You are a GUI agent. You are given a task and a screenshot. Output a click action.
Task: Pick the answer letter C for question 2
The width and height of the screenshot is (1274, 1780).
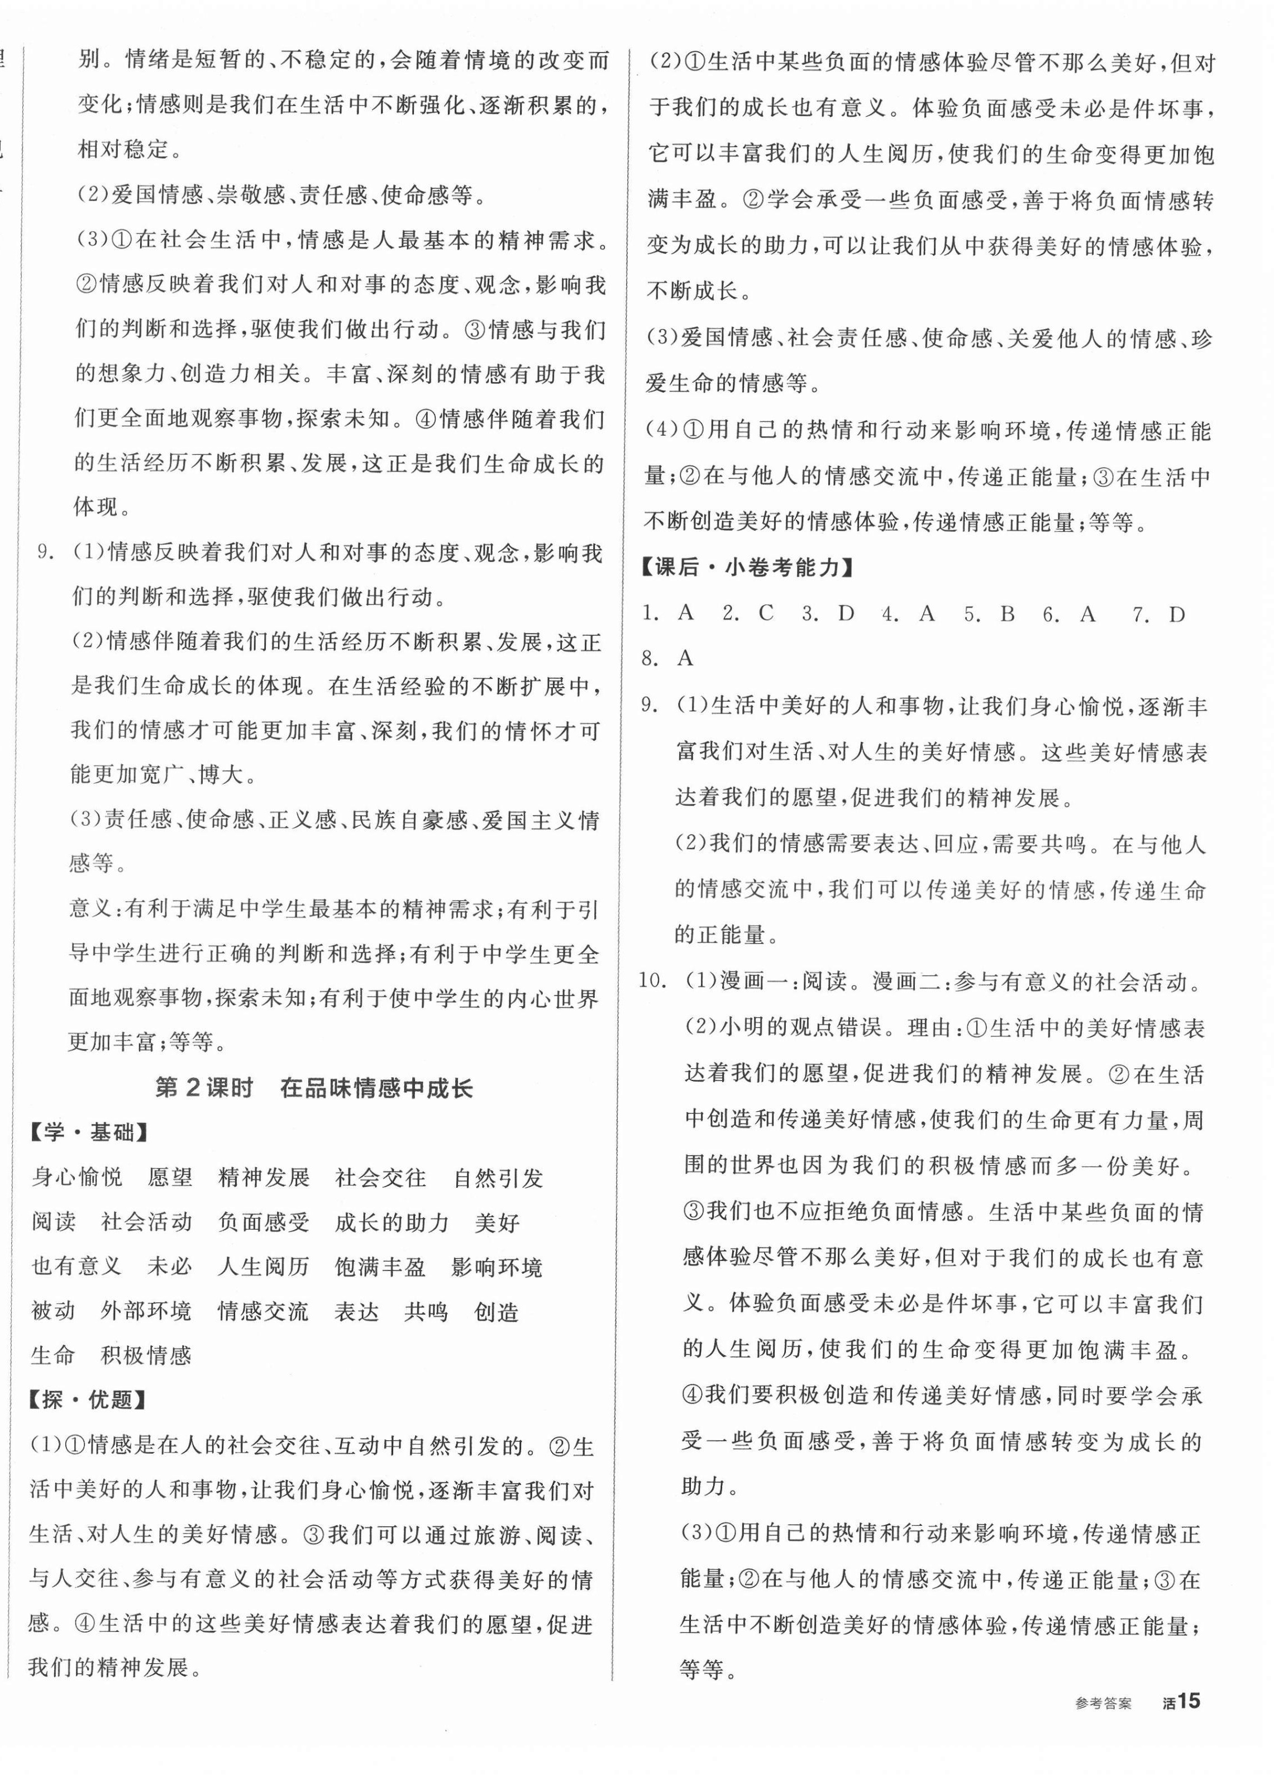coord(766,613)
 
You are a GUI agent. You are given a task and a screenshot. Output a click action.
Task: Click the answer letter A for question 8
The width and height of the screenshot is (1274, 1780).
coord(685,658)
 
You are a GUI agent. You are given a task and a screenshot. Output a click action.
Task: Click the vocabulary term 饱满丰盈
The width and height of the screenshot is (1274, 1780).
coord(380,1267)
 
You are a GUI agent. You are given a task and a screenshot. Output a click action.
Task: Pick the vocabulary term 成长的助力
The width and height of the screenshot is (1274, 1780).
coord(392,1222)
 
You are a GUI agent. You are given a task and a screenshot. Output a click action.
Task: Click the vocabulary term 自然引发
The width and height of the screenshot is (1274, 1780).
coord(498,1178)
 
